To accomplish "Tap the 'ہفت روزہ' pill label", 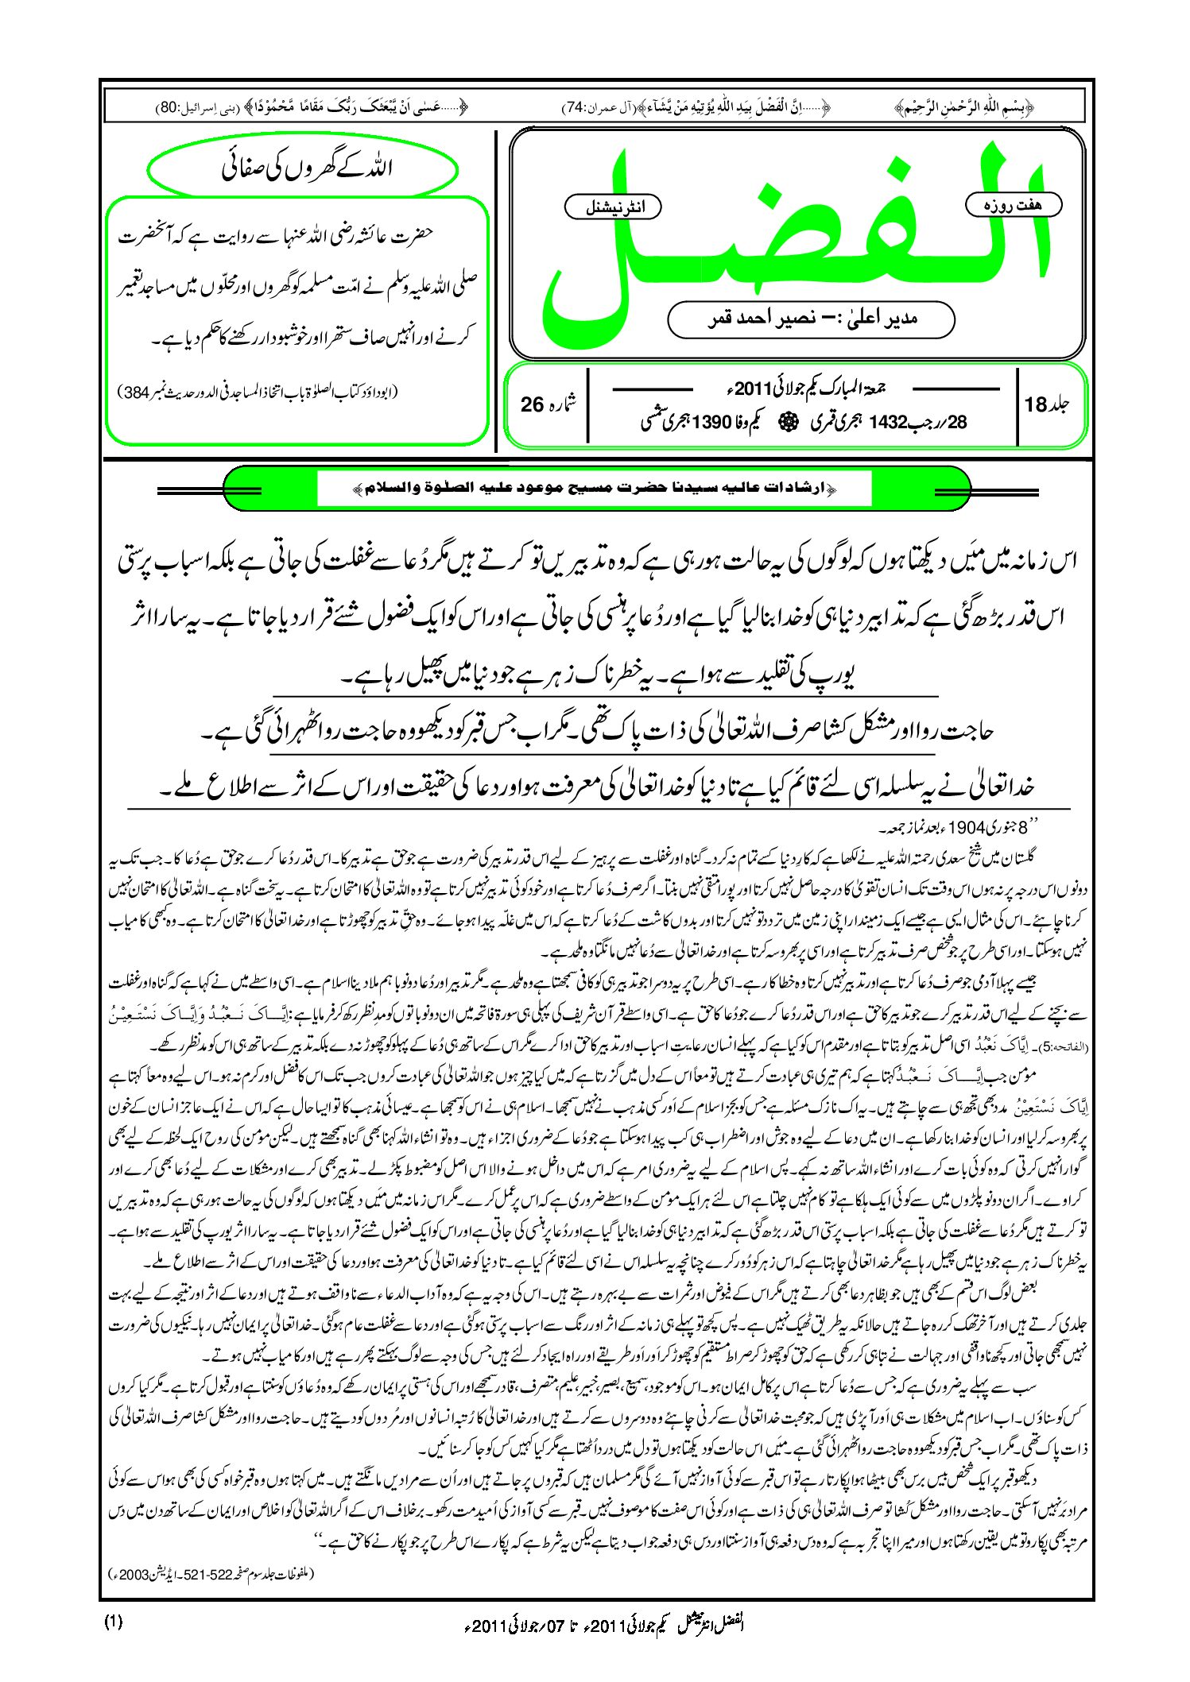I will (x=1013, y=205).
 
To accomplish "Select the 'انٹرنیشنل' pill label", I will (x=612, y=207).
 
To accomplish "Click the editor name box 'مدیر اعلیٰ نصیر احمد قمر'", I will (x=811, y=319).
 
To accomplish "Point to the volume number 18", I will (x=1036, y=404).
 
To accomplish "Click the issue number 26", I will (x=532, y=404).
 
